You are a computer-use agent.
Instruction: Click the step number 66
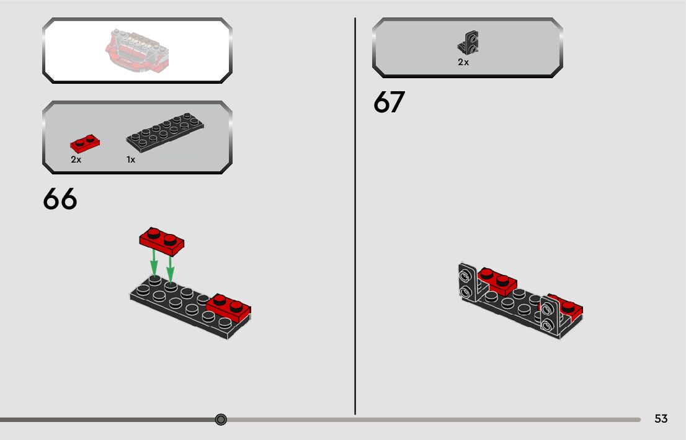pyautogui.click(x=60, y=199)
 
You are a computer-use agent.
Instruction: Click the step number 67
pyautogui.click(x=389, y=103)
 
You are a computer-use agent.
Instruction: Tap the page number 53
pyautogui.click(x=661, y=419)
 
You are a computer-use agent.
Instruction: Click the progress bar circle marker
pyautogui.click(x=221, y=420)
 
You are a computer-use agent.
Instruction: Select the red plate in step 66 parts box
pyautogui.click(x=86, y=144)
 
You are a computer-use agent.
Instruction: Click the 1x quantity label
pyautogui.click(x=131, y=160)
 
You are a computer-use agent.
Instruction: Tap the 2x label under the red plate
pyautogui.click(x=76, y=160)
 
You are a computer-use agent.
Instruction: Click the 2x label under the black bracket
pyautogui.click(x=463, y=63)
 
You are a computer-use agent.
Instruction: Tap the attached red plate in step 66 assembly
pyautogui.click(x=229, y=307)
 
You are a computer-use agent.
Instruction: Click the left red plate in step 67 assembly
pyautogui.click(x=499, y=282)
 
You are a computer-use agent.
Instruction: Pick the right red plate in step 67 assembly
pyautogui.click(x=569, y=308)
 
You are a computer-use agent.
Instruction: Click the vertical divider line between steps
pyautogui.click(x=355, y=217)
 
